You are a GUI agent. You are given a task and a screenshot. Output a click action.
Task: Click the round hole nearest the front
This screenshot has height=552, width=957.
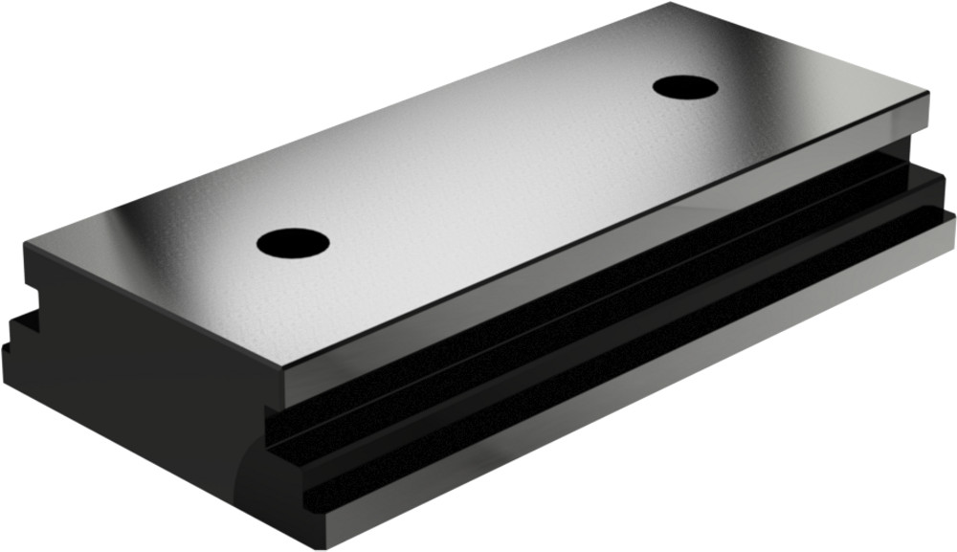293,242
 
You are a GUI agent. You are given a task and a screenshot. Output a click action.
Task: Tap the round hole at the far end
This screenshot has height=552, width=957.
685,87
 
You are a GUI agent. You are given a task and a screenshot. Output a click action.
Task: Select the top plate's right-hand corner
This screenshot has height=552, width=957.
927,93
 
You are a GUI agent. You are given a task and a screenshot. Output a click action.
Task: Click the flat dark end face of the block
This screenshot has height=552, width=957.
144,383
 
